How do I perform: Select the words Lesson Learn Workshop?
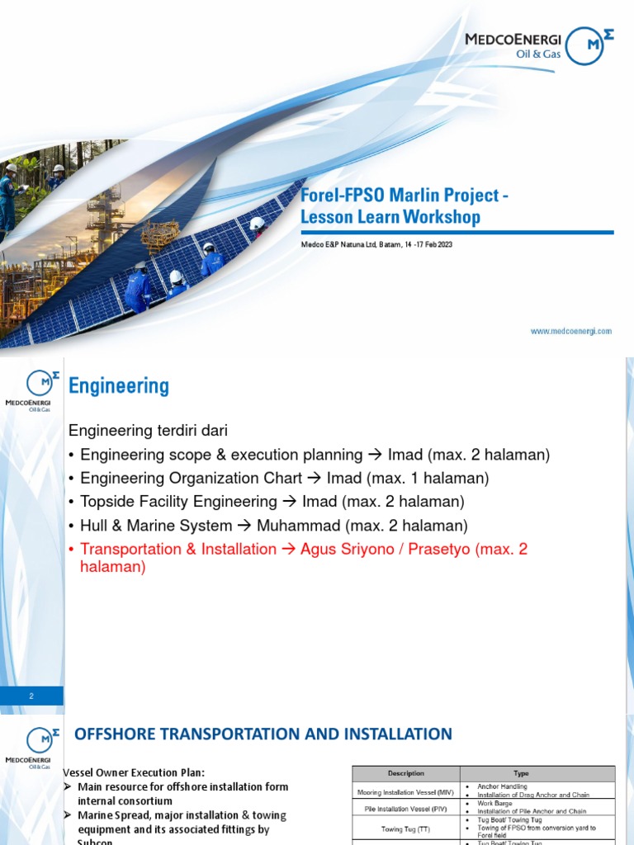point(390,217)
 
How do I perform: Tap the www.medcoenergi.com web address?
point(570,331)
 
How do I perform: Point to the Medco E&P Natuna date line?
point(376,245)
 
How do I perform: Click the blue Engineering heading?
point(119,385)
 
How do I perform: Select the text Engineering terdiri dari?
point(147,431)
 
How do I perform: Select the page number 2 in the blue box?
point(31,696)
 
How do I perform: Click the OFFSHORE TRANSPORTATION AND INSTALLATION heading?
point(263,734)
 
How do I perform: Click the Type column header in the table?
point(520,773)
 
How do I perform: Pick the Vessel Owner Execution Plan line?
point(135,772)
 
